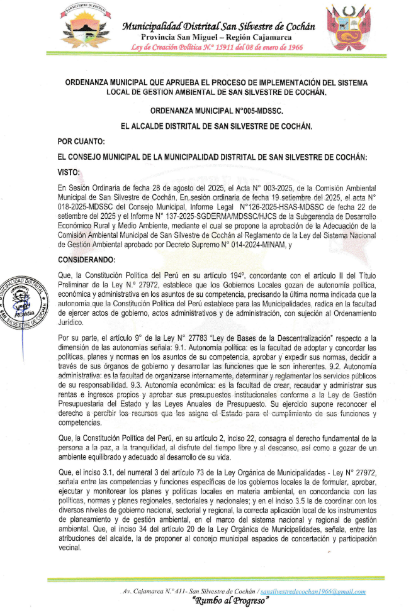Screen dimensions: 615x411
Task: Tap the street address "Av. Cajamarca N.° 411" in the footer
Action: click(150, 592)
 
